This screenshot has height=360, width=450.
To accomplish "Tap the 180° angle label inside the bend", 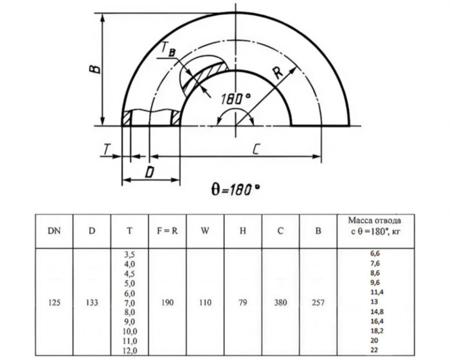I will (x=235, y=100).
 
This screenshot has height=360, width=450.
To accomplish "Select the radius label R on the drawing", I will (x=278, y=73).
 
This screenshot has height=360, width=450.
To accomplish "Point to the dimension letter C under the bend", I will (x=255, y=150).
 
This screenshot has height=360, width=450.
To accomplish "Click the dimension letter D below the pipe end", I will (x=148, y=172).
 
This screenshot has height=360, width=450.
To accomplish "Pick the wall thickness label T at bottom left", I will (x=105, y=150).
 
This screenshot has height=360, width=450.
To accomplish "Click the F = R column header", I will (x=166, y=231).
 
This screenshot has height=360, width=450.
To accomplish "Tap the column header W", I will (x=205, y=231).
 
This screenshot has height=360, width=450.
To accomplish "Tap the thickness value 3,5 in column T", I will (x=130, y=255).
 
